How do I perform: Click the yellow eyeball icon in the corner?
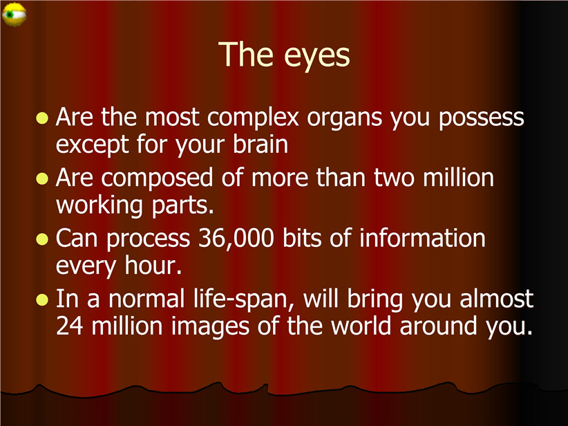click(14, 14)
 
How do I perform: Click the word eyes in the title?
click(317, 56)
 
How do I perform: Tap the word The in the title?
click(246, 54)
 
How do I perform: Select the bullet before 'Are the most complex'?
click(42, 118)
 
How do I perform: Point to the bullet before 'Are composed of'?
click(42, 178)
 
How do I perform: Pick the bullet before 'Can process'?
click(42, 239)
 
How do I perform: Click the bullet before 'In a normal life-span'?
click(42, 300)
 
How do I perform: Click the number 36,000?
click(236, 239)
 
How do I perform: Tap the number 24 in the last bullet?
click(70, 326)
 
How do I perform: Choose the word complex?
click(253, 118)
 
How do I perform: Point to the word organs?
click(345, 119)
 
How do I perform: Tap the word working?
click(100, 206)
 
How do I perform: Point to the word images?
click(210, 326)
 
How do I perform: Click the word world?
click(361, 325)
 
